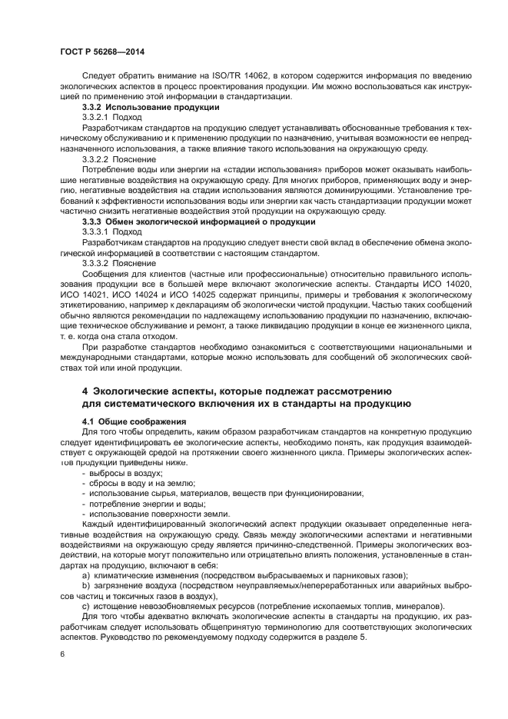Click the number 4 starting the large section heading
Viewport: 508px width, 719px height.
pyautogui.click(x=85, y=391)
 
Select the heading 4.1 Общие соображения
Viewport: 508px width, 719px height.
pyautogui.click(x=134, y=421)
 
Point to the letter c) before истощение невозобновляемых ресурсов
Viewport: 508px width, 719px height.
pyautogui.click(x=85, y=606)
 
